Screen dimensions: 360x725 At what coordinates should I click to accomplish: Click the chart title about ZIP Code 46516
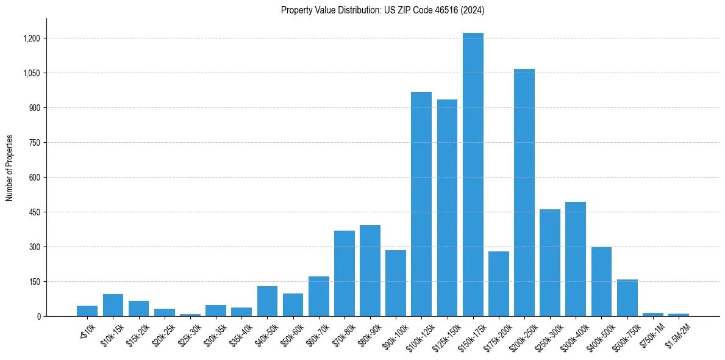[x=382, y=10]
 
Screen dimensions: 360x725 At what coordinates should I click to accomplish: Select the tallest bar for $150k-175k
[x=473, y=175]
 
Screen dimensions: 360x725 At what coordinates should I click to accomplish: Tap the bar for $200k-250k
[x=524, y=193]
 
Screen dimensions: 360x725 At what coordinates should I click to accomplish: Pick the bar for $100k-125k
[x=421, y=204]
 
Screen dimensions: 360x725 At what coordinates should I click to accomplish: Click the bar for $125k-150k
[x=447, y=208]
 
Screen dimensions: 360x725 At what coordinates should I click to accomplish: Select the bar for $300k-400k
[x=576, y=259]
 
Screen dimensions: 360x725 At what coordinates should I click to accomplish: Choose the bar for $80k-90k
[x=370, y=271]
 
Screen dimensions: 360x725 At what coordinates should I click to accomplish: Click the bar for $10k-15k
[x=113, y=305]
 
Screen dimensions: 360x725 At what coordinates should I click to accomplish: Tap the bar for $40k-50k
[x=267, y=301]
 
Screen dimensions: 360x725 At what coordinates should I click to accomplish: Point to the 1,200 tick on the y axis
[x=32, y=38]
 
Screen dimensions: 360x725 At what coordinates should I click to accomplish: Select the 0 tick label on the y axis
[x=38, y=317]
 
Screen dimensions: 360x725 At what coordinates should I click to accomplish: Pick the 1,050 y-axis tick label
[x=32, y=73]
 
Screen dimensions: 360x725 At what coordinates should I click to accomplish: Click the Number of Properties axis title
[x=10, y=168]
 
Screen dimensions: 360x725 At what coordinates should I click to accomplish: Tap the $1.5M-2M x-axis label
[x=678, y=334]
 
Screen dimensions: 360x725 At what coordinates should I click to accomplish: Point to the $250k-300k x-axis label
[x=549, y=335]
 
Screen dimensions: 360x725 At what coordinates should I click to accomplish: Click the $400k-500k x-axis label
[x=600, y=335]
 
